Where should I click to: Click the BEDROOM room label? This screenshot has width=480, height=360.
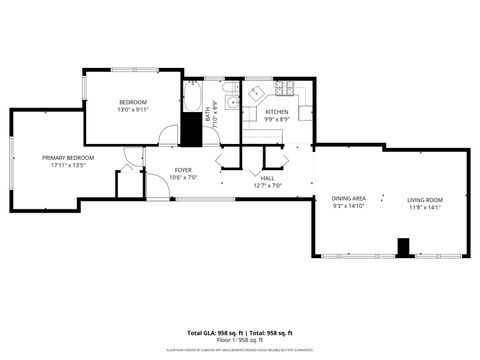[133, 102]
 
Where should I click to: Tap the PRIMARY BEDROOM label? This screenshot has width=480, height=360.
[68, 158]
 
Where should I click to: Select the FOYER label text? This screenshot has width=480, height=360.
[183, 170]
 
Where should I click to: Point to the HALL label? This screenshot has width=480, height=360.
[268, 178]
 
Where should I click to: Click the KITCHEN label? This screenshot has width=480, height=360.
[277, 112]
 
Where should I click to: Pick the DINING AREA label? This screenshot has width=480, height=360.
[348, 199]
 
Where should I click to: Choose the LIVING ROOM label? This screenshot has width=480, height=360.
[424, 200]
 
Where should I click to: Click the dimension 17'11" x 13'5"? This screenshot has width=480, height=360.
[68, 166]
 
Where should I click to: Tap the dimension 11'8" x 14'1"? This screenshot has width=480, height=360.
[424, 208]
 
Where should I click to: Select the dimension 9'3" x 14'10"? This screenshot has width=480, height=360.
[348, 207]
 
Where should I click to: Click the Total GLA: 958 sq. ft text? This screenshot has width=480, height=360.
[215, 333]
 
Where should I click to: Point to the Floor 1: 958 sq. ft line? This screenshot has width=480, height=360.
[240, 340]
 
